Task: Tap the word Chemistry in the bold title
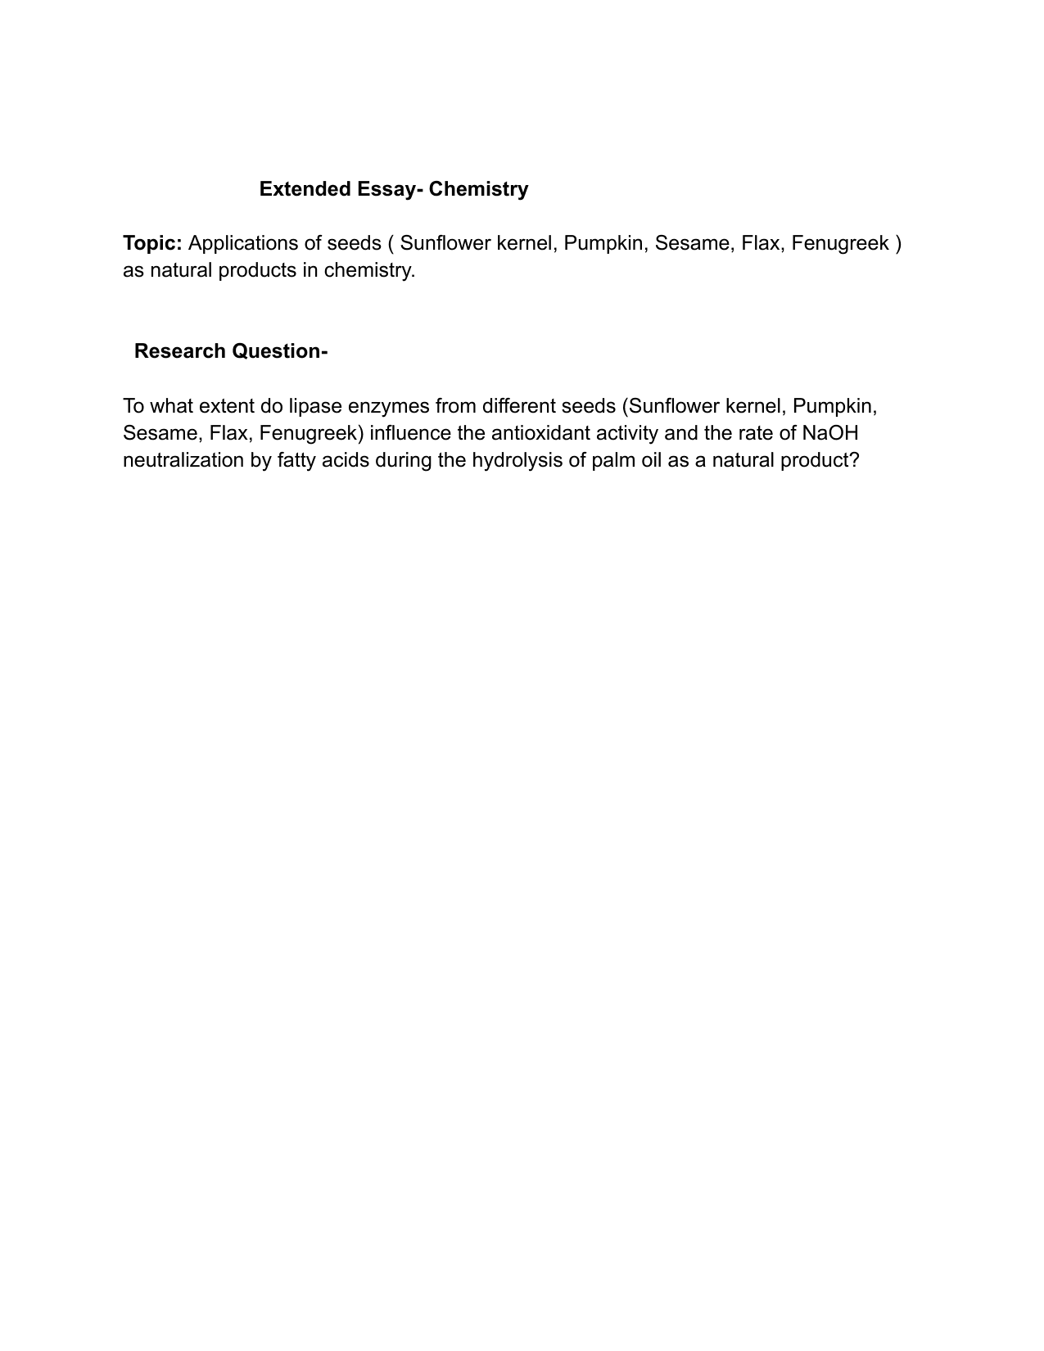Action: point(478,189)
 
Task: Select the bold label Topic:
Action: point(152,243)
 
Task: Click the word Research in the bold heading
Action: point(180,351)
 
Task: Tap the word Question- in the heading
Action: point(280,351)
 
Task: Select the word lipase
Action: point(315,406)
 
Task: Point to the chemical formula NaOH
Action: point(829,433)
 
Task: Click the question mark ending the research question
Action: point(854,460)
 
